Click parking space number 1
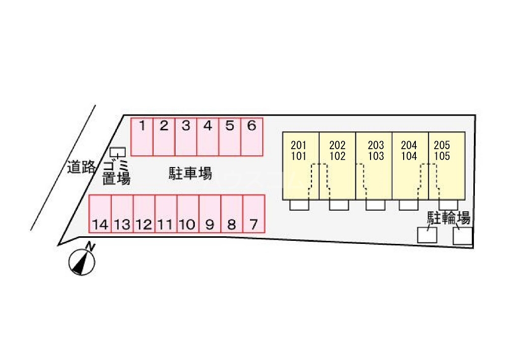coord(142,136)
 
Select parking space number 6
coord(251,136)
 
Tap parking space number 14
coord(100,214)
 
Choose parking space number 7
coord(254,214)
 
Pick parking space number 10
coord(188,214)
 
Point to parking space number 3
coord(186,136)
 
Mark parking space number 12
coord(144,214)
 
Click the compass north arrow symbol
coord(82,262)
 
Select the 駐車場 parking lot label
coord(190,174)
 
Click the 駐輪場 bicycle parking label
coord(448,218)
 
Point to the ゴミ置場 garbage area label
coord(117,173)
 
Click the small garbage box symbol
coord(118,152)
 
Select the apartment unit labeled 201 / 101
coord(301,166)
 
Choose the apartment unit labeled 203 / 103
coord(374,166)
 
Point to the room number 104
coord(409,156)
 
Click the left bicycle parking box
coord(427,235)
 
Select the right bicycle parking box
coord(463,236)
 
